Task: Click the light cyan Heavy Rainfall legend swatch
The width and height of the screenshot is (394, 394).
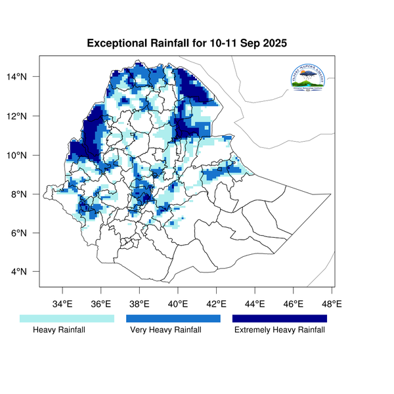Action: pos(67,318)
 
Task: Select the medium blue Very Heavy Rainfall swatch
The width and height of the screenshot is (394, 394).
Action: pos(173,318)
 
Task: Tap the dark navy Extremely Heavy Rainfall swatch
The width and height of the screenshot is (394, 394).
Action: pos(280,318)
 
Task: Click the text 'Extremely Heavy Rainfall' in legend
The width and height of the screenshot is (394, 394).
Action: pos(280,330)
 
